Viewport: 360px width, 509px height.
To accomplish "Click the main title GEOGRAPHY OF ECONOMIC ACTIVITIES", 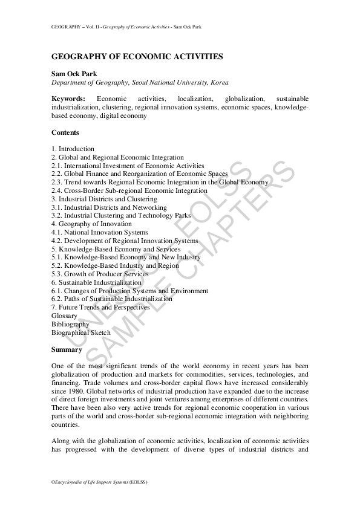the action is (137, 57).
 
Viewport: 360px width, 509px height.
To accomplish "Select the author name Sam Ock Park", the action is (74, 73).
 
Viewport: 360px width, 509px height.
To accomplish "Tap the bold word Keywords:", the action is (68, 99).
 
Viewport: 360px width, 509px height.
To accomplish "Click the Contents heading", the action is (65, 132).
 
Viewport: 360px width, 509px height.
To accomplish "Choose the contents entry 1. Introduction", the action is (73, 149).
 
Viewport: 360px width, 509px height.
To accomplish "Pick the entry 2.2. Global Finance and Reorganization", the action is (140, 173).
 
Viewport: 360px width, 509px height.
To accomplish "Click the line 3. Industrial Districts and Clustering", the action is (104, 199).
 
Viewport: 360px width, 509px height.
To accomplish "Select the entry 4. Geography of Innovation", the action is (91, 224).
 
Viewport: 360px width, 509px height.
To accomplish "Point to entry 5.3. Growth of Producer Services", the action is (100, 274).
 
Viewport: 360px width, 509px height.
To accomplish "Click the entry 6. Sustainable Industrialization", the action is (97, 282).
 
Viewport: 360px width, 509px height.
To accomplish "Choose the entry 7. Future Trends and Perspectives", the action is (101, 307).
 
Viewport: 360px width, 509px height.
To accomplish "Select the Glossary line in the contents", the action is (65, 316).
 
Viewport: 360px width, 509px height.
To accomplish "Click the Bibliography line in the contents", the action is (70, 324).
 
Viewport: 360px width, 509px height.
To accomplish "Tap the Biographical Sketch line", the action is (81, 332).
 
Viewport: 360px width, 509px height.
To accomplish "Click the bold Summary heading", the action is (67, 349).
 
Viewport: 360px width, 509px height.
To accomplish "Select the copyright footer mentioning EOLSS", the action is (99, 482).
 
